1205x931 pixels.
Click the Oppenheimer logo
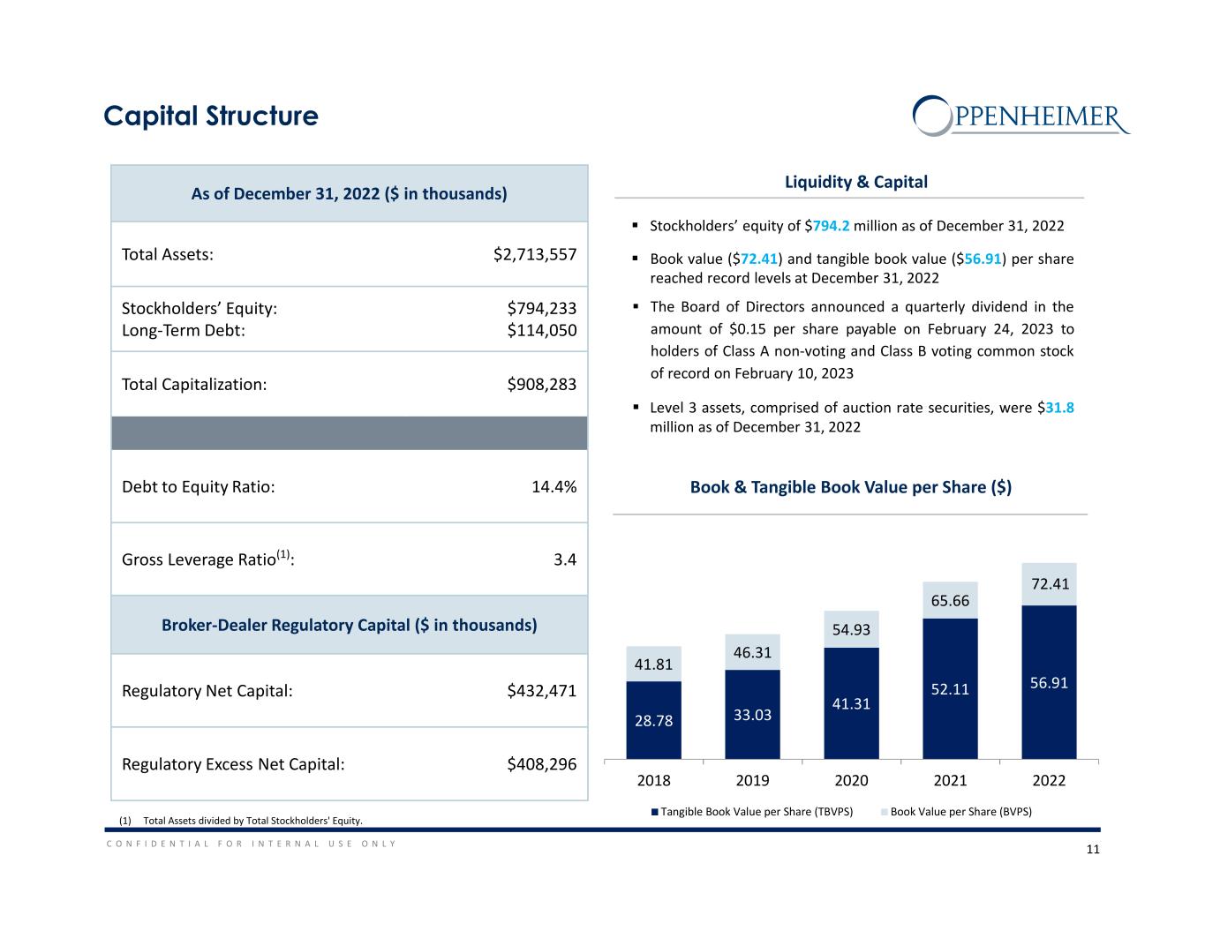coord(1020,116)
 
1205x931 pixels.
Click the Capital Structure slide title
coord(210,116)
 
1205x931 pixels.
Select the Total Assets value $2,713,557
coord(535,254)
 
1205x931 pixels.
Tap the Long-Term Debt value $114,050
coord(541,330)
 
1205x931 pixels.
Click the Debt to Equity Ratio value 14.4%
coord(554,487)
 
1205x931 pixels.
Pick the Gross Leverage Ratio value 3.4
coord(565,559)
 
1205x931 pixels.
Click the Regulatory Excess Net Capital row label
coord(233,764)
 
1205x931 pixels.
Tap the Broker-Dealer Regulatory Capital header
coord(349,625)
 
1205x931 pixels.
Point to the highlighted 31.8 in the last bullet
coord(1059,409)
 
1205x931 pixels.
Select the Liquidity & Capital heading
coord(855,182)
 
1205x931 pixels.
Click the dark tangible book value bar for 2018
coord(653,720)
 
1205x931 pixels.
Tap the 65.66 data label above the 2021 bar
coord(950,601)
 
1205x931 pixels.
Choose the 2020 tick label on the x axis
coord(851,780)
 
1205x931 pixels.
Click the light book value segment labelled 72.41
coord(1049,584)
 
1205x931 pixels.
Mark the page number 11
coord(1092,850)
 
